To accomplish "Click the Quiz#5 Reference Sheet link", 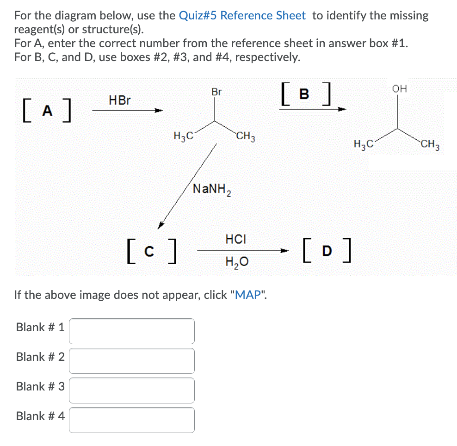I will [x=242, y=16].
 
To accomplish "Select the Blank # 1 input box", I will [x=132, y=331].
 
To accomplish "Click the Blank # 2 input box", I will [x=132, y=360].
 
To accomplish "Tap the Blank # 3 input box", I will [x=132, y=390].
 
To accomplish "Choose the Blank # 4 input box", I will [x=132, y=420].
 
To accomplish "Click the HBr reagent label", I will [x=120, y=100].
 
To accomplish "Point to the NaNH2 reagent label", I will [x=212, y=189].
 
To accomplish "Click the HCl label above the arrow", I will [x=236, y=239].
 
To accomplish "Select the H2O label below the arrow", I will [x=236, y=262].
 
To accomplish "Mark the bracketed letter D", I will [x=327, y=251].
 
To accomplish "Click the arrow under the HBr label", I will [x=127, y=111].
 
